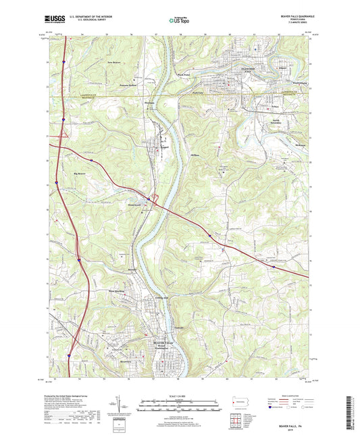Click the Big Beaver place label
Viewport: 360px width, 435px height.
[x=80, y=174]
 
